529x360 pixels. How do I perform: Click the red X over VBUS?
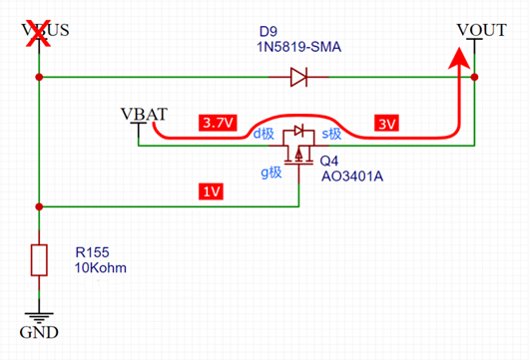(x=38, y=33)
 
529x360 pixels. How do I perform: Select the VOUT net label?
(x=481, y=30)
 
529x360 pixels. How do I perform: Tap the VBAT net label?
(x=144, y=115)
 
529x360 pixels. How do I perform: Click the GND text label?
(x=39, y=332)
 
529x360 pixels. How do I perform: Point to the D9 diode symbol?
(x=298, y=77)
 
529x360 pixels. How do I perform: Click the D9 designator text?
(x=268, y=31)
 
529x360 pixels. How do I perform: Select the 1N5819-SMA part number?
(x=298, y=47)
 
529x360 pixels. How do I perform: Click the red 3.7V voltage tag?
(x=218, y=123)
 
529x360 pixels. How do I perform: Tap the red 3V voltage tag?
(x=386, y=124)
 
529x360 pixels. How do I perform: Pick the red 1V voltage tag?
(x=212, y=191)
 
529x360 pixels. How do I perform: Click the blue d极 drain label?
(x=264, y=134)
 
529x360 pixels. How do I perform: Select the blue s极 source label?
(x=331, y=134)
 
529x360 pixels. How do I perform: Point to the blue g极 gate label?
(x=271, y=173)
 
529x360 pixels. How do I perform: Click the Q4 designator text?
(x=329, y=162)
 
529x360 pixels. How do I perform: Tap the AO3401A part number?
(x=352, y=177)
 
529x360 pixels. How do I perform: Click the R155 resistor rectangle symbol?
(x=39, y=260)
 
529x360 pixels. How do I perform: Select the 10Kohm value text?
(x=101, y=268)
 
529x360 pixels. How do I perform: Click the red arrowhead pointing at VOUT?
(x=459, y=58)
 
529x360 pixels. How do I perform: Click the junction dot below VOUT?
(x=474, y=77)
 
